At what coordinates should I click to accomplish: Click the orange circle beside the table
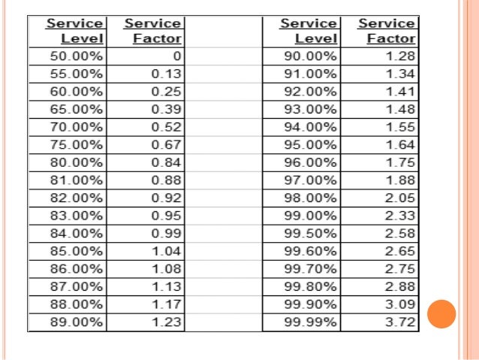point(441,313)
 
